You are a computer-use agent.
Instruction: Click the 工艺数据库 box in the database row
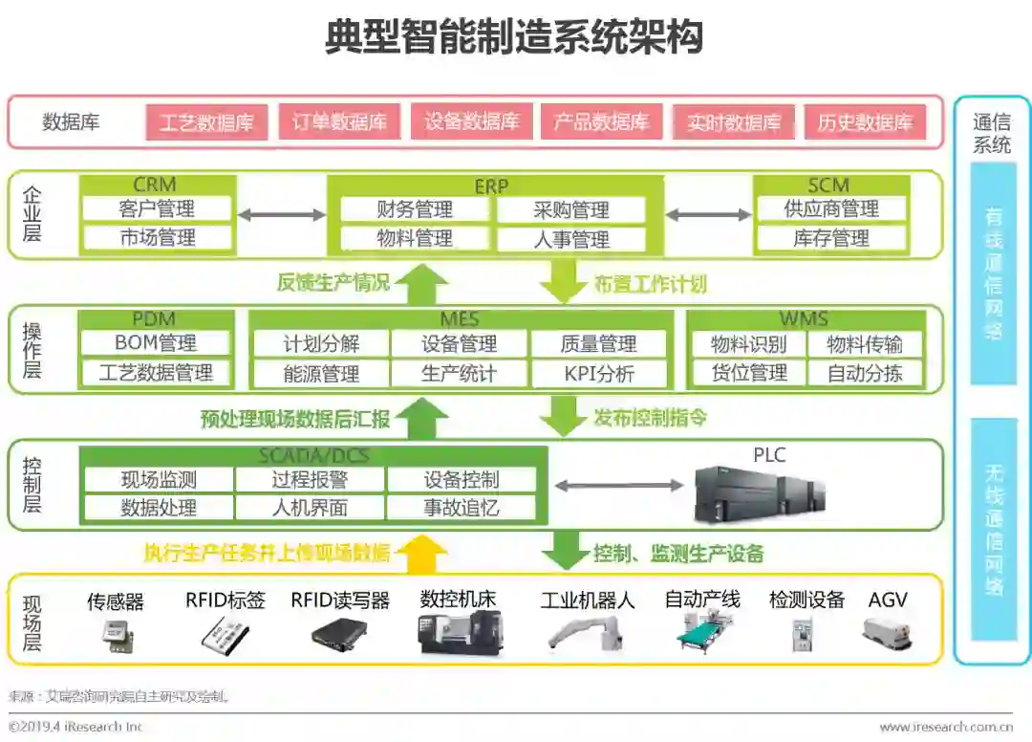(206, 122)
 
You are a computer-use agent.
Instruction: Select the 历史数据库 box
(865, 122)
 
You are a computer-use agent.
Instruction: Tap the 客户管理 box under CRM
(157, 208)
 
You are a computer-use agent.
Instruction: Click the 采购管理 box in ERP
(570, 210)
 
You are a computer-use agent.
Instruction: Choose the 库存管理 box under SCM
(831, 238)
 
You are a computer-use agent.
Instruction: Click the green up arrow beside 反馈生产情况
(420, 284)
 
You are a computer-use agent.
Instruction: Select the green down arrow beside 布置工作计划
(563, 282)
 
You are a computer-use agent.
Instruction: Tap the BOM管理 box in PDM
(156, 343)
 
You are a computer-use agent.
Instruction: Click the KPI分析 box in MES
(598, 374)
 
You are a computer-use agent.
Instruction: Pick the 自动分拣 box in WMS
(865, 373)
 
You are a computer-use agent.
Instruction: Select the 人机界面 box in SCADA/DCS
(310, 508)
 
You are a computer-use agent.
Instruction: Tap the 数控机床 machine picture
(460, 633)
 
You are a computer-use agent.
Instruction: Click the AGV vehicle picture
(887, 633)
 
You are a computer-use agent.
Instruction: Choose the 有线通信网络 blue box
(993, 273)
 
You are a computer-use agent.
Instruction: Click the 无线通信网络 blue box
(993, 529)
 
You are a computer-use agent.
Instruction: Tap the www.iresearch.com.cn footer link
(945, 727)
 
